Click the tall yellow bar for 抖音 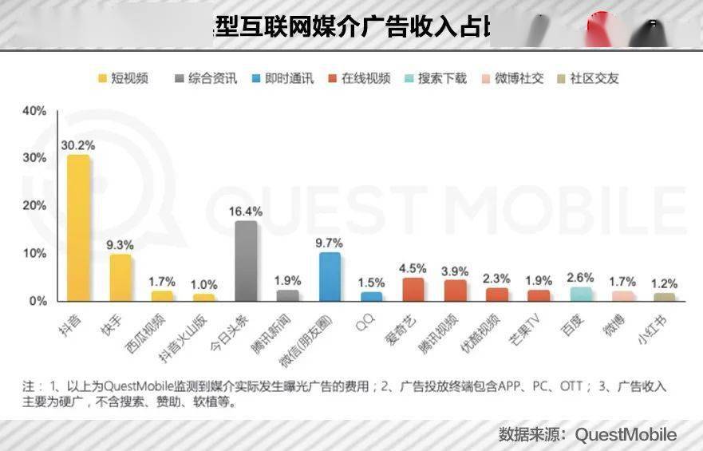click(78, 228)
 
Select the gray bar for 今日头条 click(245, 261)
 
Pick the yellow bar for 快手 click(120, 278)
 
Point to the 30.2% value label click(77, 145)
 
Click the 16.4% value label click(245, 212)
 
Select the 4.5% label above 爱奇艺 click(413, 268)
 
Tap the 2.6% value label click(581, 277)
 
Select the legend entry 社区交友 click(586, 78)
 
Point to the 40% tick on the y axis click(34, 111)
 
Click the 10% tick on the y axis click(34, 254)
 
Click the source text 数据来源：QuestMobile click(587, 434)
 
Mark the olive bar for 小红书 click(665, 298)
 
